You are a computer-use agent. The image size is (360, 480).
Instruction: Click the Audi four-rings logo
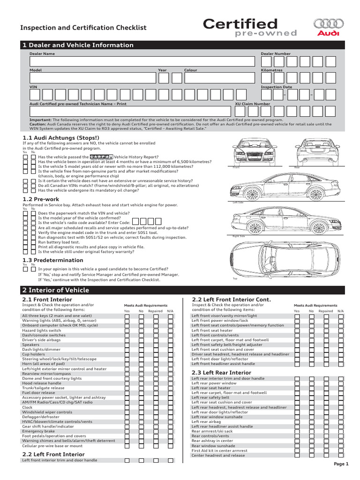point(329,23)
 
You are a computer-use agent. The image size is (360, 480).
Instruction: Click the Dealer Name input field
point(142,61)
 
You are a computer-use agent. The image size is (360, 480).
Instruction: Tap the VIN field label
point(33,87)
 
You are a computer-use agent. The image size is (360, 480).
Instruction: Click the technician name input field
point(130,111)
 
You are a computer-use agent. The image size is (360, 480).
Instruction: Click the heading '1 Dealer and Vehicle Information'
point(78,45)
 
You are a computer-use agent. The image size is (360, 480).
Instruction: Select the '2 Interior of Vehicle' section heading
point(56,290)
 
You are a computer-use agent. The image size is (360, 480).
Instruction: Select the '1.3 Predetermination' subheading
point(53,260)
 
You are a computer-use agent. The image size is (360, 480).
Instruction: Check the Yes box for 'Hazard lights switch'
point(127,330)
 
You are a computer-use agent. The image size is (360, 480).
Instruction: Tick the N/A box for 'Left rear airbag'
point(341,421)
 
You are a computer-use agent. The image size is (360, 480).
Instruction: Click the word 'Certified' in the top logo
point(240,24)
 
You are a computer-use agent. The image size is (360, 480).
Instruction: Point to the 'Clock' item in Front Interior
point(27,407)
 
